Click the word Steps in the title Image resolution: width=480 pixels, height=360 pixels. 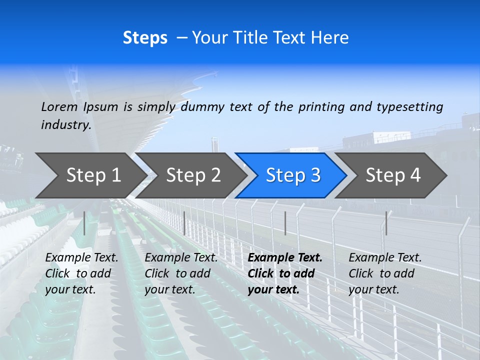point(145,38)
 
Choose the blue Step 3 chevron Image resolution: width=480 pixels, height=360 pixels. point(293,175)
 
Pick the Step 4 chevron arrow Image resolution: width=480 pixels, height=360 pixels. point(393,175)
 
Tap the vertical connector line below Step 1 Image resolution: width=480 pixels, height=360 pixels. point(84,223)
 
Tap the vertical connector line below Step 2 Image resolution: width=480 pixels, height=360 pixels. point(184,223)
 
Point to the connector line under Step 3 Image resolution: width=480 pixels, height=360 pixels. point(285,223)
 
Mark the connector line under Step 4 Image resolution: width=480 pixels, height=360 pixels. point(386,223)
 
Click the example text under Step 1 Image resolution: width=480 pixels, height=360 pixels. point(81,273)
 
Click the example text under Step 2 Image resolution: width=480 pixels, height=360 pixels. point(181,273)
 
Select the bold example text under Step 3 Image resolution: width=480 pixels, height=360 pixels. point(284,273)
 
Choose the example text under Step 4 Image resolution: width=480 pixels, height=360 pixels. point(385,273)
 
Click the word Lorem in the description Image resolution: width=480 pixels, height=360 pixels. point(59,107)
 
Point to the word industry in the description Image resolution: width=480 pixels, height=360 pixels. point(66,125)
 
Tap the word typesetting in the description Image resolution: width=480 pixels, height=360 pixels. point(410,107)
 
